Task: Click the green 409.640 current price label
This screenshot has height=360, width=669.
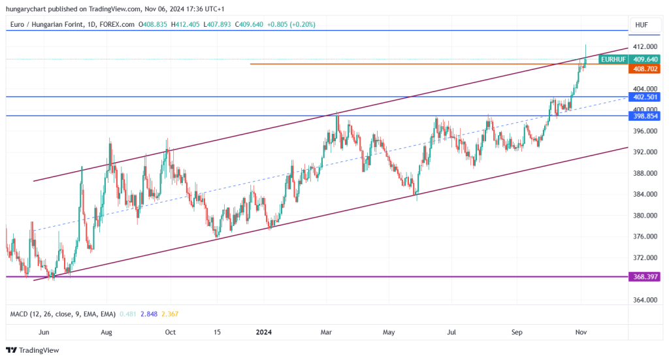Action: (x=645, y=59)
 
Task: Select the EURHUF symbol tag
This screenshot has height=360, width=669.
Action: (x=613, y=59)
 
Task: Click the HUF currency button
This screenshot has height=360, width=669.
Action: (x=642, y=25)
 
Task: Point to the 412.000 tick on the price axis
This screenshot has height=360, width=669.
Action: (x=644, y=47)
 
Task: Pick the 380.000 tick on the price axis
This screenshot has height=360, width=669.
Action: (x=644, y=216)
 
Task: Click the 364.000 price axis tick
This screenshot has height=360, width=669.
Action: (x=644, y=300)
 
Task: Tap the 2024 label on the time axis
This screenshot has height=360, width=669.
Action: (x=263, y=332)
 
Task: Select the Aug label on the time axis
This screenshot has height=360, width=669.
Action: (x=106, y=332)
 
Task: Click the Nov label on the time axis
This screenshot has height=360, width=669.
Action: (x=581, y=332)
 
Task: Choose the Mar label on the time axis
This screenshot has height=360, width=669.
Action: (x=327, y=332)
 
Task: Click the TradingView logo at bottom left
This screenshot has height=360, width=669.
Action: (x=33, y=350)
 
